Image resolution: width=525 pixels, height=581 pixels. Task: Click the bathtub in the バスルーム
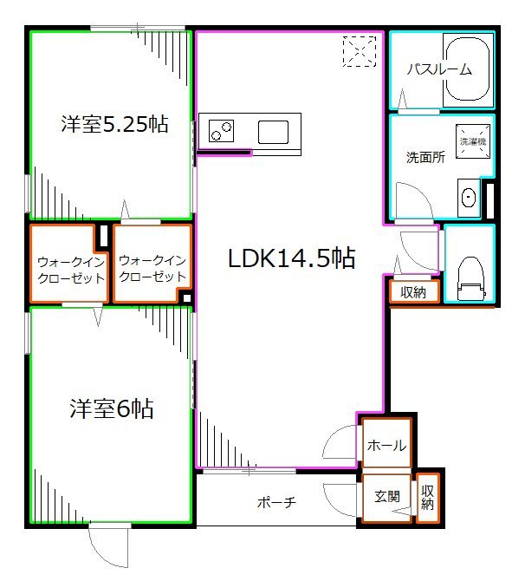coord(469,69)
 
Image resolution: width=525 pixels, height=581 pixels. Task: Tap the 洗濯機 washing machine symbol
coord(473,141)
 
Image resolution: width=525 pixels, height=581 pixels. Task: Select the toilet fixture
coord(470,278)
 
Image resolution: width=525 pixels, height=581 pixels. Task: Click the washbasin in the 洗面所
coord(469,197)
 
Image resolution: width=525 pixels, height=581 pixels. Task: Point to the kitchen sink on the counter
coord(273,132)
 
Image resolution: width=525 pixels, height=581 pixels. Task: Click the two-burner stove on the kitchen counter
coord(222,131)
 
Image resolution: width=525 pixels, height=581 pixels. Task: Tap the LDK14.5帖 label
coord(291,258)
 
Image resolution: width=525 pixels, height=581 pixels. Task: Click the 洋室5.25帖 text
coord(114,124)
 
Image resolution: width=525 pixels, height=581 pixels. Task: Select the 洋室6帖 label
coord(112,408)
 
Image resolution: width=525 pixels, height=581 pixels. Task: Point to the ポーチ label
coord(276,503)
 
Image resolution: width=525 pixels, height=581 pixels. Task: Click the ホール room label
coord(386,446)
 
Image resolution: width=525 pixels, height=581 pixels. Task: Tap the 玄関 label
coord(387,497)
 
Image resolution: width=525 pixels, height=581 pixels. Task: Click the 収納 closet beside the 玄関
coord(428,497)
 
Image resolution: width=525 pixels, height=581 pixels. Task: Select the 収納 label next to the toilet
coord(413,292)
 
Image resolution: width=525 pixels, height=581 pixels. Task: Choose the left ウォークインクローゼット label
coord(71,270)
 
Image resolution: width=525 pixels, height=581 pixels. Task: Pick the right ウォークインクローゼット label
coord(152,269)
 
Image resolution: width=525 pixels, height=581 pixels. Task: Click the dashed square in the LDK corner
coord(360,51)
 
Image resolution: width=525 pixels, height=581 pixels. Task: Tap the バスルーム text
coord(439,69)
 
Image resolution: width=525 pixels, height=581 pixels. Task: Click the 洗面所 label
coord(425,158)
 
